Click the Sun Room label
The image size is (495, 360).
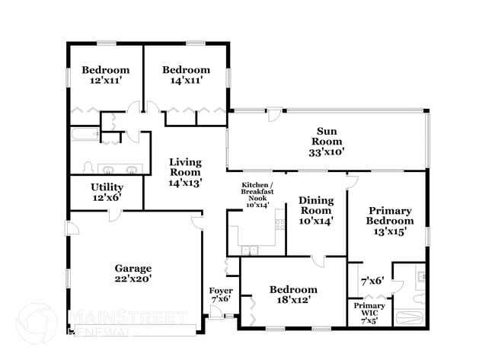pyautogui.click(x=330, y=141)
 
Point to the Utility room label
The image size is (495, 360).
pyautogui.click(x=107, y=186)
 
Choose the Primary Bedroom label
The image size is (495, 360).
pyautogui.click(x=389, y=216)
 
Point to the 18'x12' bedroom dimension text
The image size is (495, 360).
pyautogui.click(x=293, y=300)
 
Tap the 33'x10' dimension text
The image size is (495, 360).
pyautogui.click(x=330, y=151)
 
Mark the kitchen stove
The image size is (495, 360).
pyautogui.click(x=279, y=225)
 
